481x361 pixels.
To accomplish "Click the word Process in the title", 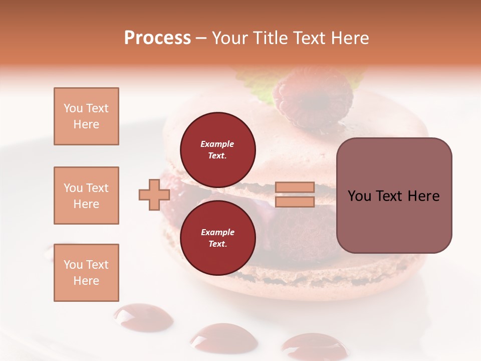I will [x=157, y=38].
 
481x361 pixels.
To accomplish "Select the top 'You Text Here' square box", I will [x=86, y=116].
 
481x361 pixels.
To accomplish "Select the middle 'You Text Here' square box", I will [x=86, y=196].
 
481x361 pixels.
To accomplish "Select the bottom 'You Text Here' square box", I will [x=86, y=272].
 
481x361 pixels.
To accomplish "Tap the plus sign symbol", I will [x=154, y=194].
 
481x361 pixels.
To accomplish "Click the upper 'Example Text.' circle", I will [x=217, y=149].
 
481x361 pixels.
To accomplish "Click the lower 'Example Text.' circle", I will [x=217, y=238].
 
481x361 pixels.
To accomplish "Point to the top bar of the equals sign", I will [x=295, y=188].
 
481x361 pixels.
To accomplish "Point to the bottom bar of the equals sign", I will [x=295, y=202].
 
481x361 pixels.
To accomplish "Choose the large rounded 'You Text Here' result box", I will [x=394, y=196].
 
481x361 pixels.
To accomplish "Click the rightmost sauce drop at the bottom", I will [x=313, y=346].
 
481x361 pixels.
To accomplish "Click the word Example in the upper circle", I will [x=217, y=144].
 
